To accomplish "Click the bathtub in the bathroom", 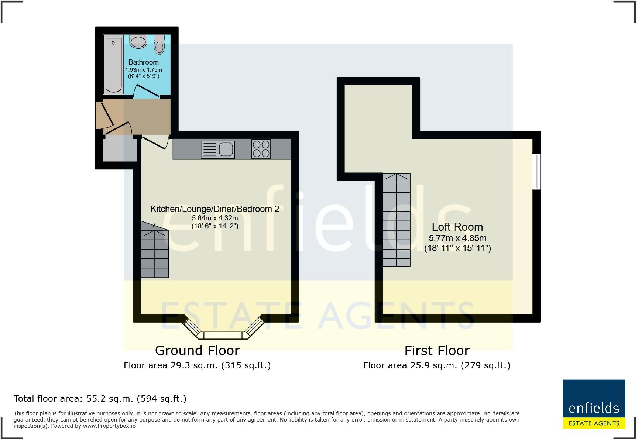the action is coord(113,65).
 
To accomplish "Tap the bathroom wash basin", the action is coord(138,41).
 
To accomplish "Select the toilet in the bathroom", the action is coord(159,44).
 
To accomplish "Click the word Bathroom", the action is coord(144,62).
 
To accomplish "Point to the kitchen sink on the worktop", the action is coord(218,149).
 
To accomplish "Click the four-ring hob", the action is coord(261,149).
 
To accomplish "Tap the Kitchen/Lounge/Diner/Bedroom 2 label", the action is coord(215,209).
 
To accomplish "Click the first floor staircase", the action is coord(397,220).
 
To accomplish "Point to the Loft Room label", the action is coord(457,227).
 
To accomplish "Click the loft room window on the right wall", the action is coord(536,172).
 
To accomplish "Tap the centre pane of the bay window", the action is coord(223,336).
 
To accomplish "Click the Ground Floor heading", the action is coord(197,350).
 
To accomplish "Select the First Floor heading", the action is coord(437,350).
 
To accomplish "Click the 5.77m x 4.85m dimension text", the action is coord(457,238).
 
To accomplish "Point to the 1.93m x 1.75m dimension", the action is coord(144,70).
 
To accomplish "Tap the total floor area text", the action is coord(100,399).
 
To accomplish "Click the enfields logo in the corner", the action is coord(594,404).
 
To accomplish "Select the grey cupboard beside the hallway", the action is coord(120,148).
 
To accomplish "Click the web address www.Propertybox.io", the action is coord(109,426).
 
